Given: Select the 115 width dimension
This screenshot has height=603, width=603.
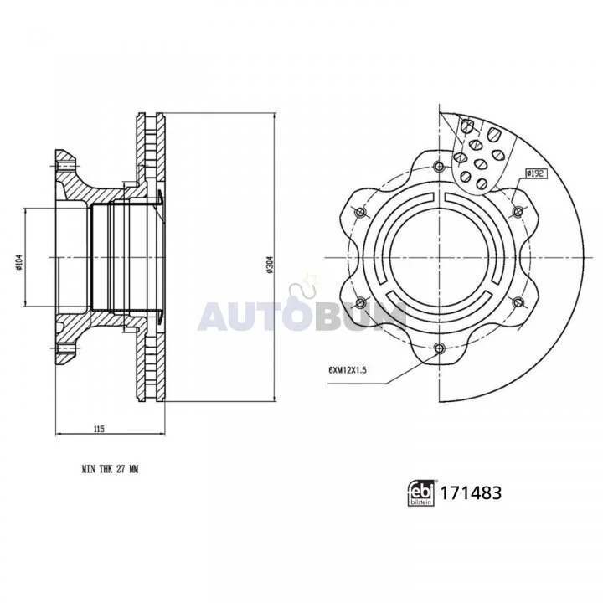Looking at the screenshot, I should (x=98, y=429).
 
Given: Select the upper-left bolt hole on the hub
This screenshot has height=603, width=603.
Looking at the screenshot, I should (x=360, y=210).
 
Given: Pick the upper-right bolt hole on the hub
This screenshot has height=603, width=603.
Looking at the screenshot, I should (x=518, y=210).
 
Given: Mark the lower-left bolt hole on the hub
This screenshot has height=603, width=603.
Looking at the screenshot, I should (x=360, y=301).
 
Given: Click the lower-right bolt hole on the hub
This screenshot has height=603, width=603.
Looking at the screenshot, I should (x=518, y=301).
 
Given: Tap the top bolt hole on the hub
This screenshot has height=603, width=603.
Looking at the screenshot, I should (x=439, y=164).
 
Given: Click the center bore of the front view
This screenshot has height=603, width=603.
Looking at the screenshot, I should (x=439, y=256).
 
